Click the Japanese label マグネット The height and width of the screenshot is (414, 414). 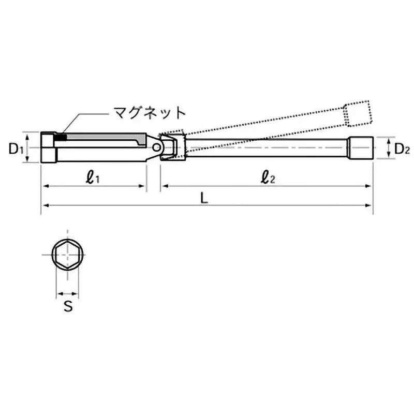[x=148, y=112]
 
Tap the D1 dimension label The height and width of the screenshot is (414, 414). [x=16, y=149]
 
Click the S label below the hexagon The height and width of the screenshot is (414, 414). [x=67, y=306]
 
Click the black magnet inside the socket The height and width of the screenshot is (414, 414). [x=62, y=138]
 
